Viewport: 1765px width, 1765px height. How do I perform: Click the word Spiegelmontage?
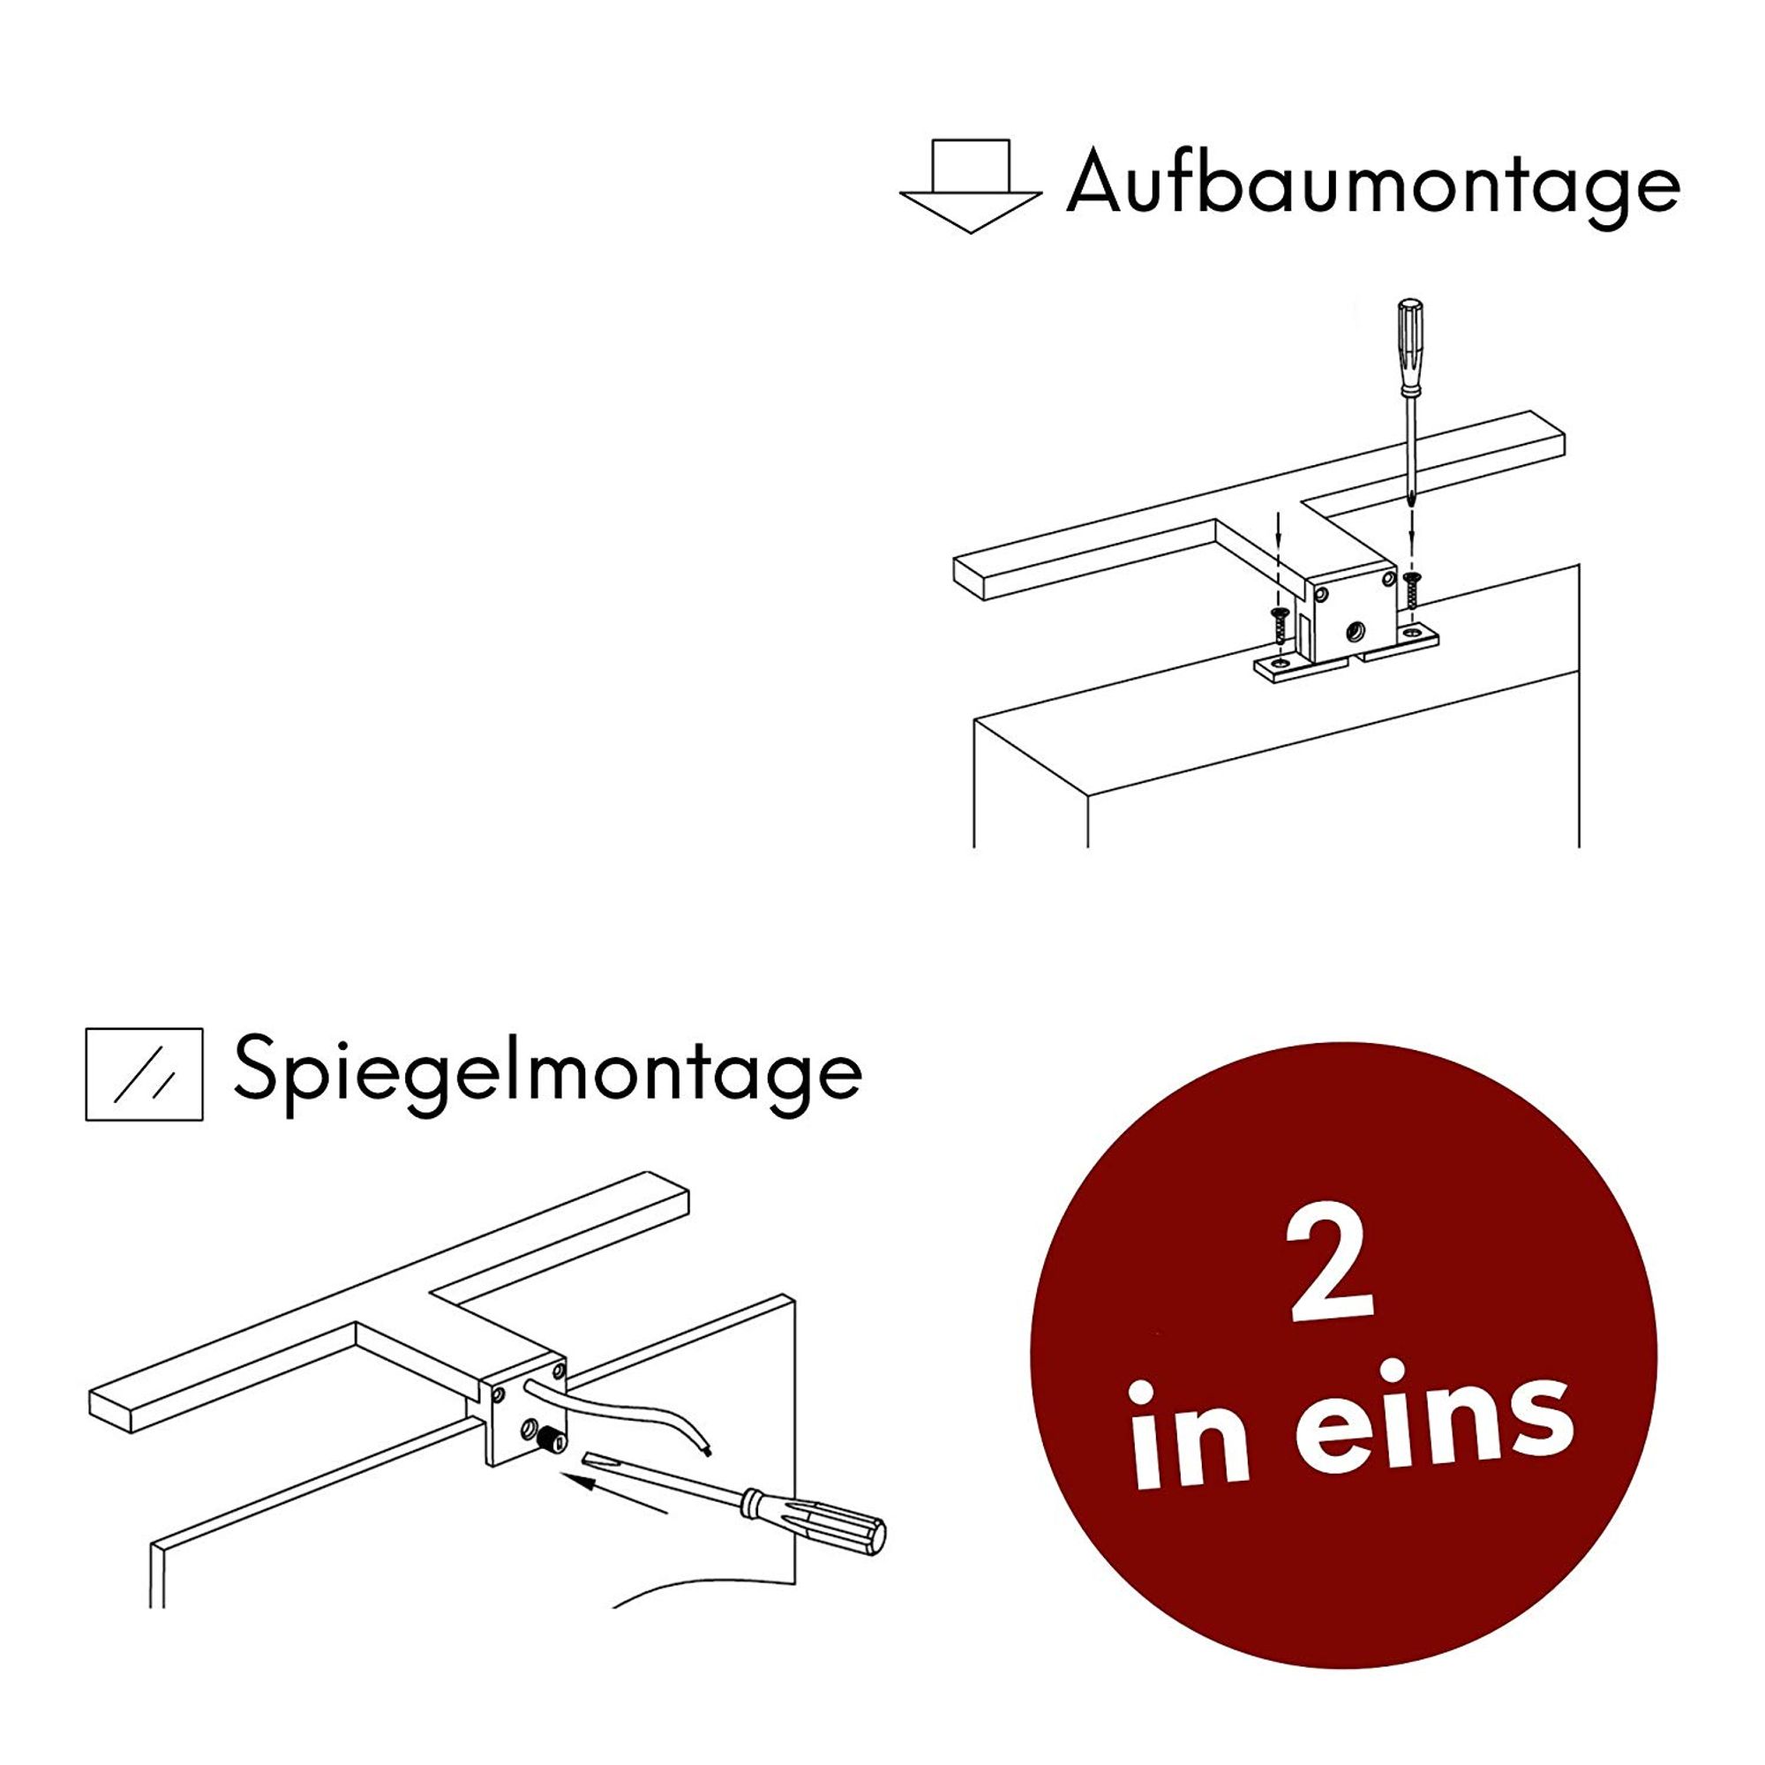547,1072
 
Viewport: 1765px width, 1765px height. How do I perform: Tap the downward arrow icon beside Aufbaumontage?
970,185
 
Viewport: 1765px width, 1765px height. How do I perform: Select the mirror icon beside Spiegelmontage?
145,1074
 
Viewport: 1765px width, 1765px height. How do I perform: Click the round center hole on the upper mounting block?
1355,629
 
